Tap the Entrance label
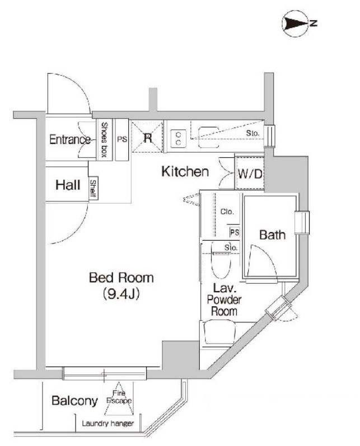(70, 140)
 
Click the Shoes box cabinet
(104, 140)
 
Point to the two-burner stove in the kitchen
(178, 138)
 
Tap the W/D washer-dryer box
(249, 174)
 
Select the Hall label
(68, 185)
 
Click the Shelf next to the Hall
(93, 189)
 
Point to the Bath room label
(272, 235)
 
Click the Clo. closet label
(226, 212)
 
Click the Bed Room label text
(121, 278)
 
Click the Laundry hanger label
(108, 424)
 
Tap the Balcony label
(74, 401)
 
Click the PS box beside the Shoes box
(121, 140)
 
